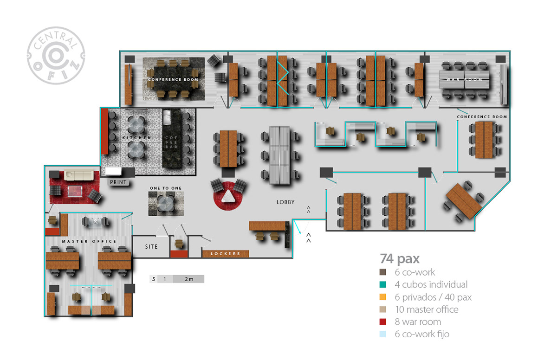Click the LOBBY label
285,202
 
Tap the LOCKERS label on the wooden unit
226,254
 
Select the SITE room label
151,247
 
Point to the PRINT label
118,182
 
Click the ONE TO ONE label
166,188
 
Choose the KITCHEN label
137,138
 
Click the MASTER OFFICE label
89,242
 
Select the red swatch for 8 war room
383,321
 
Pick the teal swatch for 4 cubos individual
383,284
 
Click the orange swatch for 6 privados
383,297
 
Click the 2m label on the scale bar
188,279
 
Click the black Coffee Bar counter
172,139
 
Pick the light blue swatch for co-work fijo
383,334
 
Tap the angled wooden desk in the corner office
463,200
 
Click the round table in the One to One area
166,203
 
